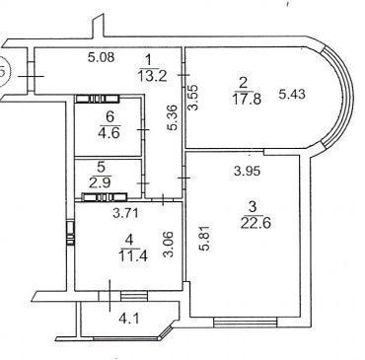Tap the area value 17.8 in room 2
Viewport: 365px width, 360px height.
pyautogui.click(x=248, y=99)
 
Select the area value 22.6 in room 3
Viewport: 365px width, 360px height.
pyautogui.click(x=255, y=223)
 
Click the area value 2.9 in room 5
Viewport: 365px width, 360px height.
pyautogui.click(x=102, y=181)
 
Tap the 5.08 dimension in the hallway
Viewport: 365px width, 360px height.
pyautogui.click(x=102, y=57)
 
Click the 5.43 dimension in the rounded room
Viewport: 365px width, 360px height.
pyautogui.click(x=292, y=95)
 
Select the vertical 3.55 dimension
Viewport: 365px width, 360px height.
pyautogui.click(x=192, y=98)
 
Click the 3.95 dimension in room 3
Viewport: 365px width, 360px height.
pyautogui.click(x=247, y=171)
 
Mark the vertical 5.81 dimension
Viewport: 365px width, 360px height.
pyautogui.click(x=205, y=238)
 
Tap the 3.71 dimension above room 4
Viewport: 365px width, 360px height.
pyautogui.click(x=126, y=214)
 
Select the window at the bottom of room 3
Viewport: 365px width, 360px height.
pyautogui.click(x=246, y=323)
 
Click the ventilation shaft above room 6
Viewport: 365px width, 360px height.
pyautogui.click(x=97, y=99)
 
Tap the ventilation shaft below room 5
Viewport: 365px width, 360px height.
pyautogui.click(x=105, y=197)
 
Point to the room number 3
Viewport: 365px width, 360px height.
pyautogui.click(x=253, y=207)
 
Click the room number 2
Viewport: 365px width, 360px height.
pyautogui.click(x=243, y=83)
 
